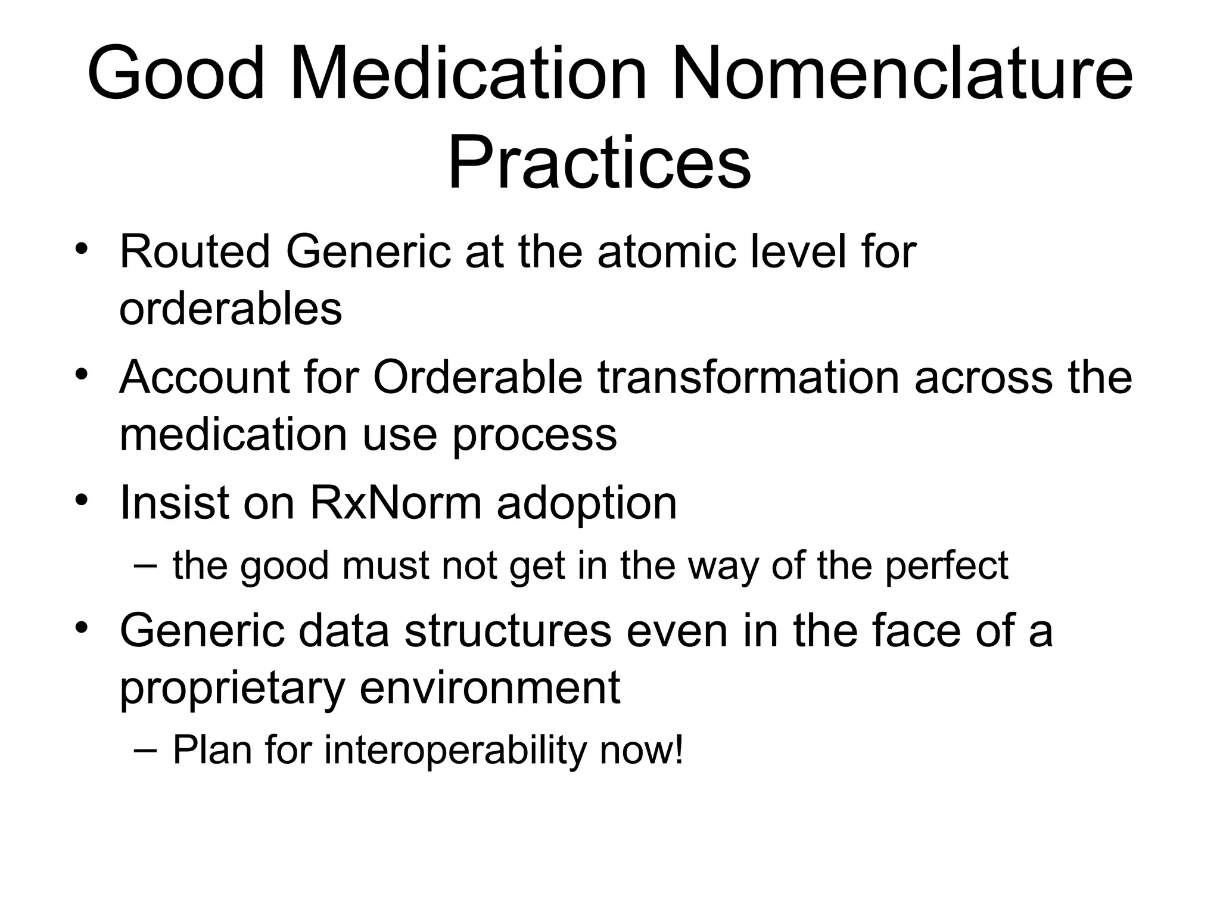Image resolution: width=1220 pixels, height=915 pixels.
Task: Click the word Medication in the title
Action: pos(468,74)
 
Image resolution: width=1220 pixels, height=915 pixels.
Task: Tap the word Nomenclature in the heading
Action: pos(902,74)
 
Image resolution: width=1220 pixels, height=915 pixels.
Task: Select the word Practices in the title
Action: pos(599,162)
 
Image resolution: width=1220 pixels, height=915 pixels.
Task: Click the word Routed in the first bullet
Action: pos(195,252)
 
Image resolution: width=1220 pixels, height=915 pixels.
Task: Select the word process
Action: pos(534,435)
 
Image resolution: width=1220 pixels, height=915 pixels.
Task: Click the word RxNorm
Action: pos(396,503)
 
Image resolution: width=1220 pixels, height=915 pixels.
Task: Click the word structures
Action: pos(508,631)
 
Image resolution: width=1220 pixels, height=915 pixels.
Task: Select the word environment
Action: pos(490,688)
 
